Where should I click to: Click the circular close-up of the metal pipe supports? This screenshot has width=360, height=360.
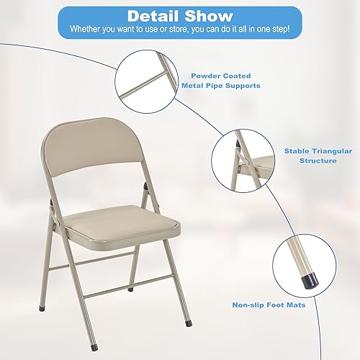147,74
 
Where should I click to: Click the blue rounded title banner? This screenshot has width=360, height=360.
179,22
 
